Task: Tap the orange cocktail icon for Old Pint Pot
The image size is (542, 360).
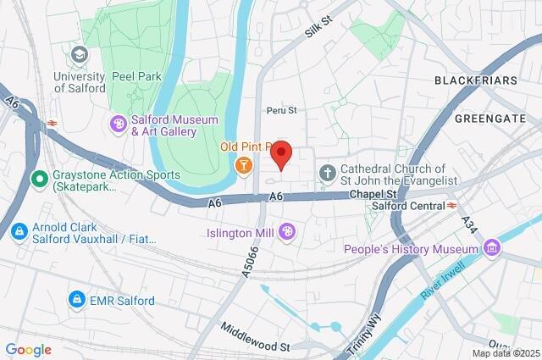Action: click(244, 164)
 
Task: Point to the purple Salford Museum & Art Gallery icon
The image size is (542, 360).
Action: click(119, 125)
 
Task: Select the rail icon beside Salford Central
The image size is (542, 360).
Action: click(452, 206)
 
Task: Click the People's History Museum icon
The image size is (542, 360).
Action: click(490, 248)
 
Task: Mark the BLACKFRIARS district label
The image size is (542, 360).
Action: click(475, 80)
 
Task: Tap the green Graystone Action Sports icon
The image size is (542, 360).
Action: click(39, 179)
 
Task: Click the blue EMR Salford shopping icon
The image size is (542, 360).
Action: click(77, 300)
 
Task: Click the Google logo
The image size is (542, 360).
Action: click(28, 349)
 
